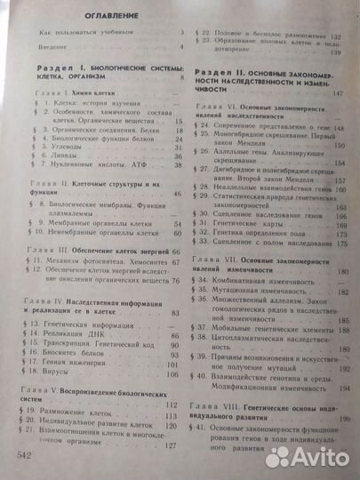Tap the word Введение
(44, 44)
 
